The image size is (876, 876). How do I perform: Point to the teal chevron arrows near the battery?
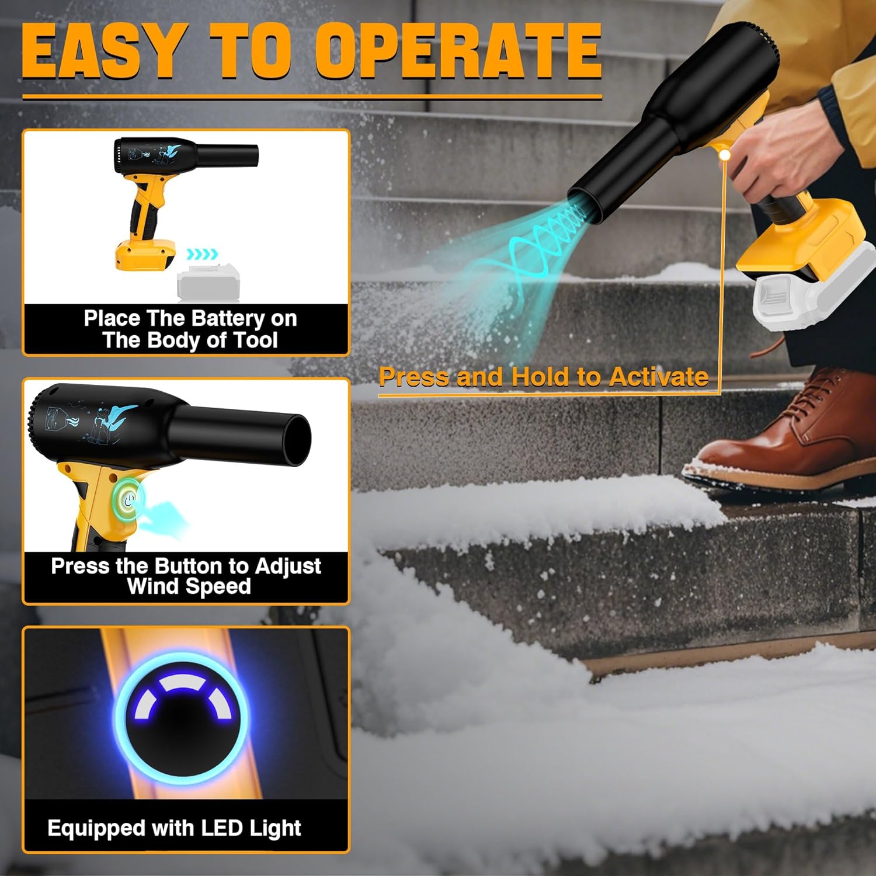tap(202, 254)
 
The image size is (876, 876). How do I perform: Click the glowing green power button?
tap(129, 499)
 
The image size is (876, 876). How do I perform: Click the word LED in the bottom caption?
tap(222, 828)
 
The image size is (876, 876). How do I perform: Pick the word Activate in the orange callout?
tap(658, 377)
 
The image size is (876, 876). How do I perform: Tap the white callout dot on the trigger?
tap(724, 155)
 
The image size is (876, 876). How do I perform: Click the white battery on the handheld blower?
tap(812, 298)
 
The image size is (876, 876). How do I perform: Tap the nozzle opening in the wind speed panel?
tap(297, 440)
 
